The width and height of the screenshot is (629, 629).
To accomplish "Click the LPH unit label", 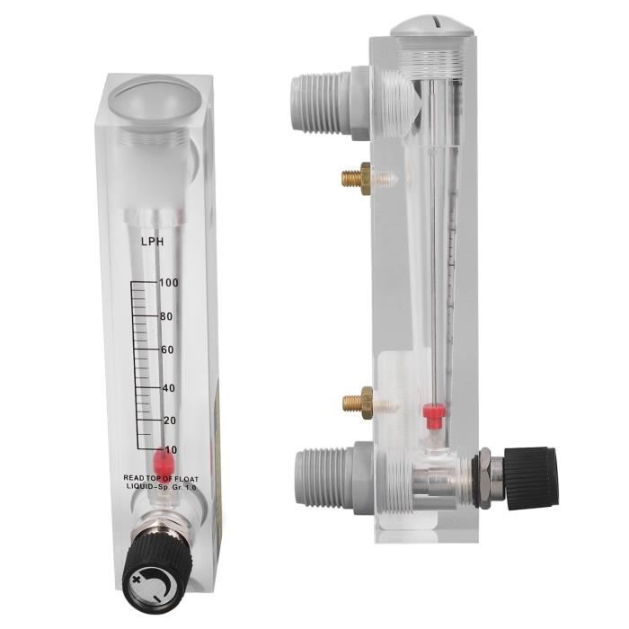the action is pos(152,242).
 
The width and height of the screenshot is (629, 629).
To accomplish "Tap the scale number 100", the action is pos(169,283).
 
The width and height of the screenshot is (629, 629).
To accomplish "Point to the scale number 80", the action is pos(166,316).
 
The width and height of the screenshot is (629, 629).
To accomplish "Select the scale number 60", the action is pos(167,350).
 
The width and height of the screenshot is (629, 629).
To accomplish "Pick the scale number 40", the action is pos(169,388).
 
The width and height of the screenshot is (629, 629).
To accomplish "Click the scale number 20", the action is pos(170,421).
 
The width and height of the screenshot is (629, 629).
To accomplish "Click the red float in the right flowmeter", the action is pos(431,414).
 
